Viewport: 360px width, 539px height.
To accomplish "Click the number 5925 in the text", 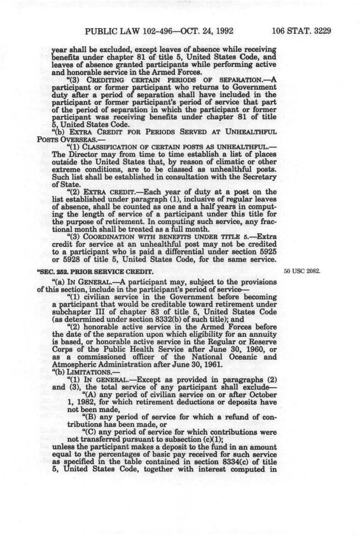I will [267, 253].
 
